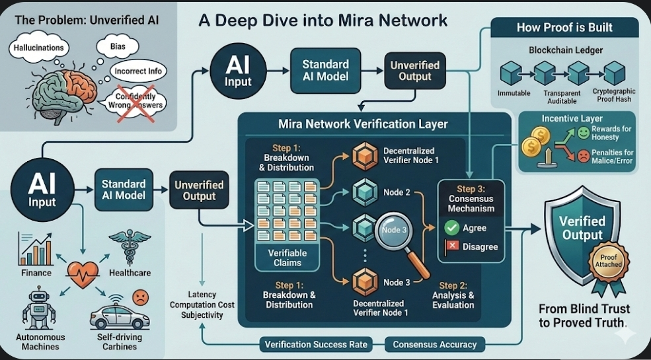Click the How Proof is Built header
[564, 27]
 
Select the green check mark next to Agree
[452, 228]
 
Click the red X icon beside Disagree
[452, 247]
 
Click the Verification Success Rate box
[316, 345]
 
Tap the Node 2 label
[397, 192]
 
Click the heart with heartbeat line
[81, 271]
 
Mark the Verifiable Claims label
[287, 258]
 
